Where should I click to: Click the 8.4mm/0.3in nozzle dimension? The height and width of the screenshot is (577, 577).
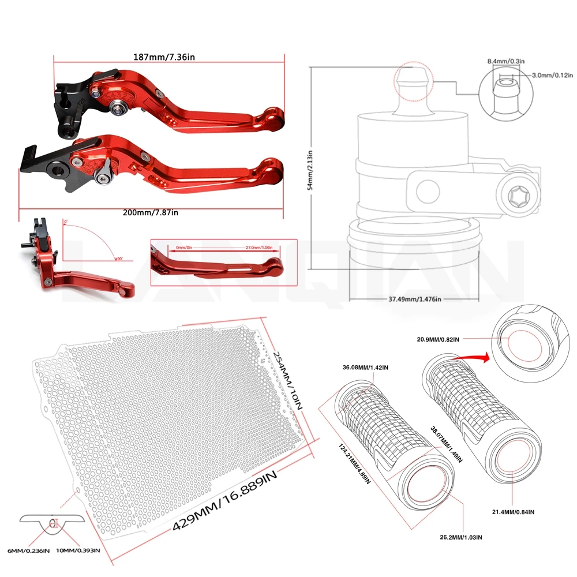click(x=505, y=61)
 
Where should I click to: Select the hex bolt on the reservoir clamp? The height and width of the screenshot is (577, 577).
click(x=518, y=199)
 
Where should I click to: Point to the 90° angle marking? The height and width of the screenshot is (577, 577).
click(x=118, y=258)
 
